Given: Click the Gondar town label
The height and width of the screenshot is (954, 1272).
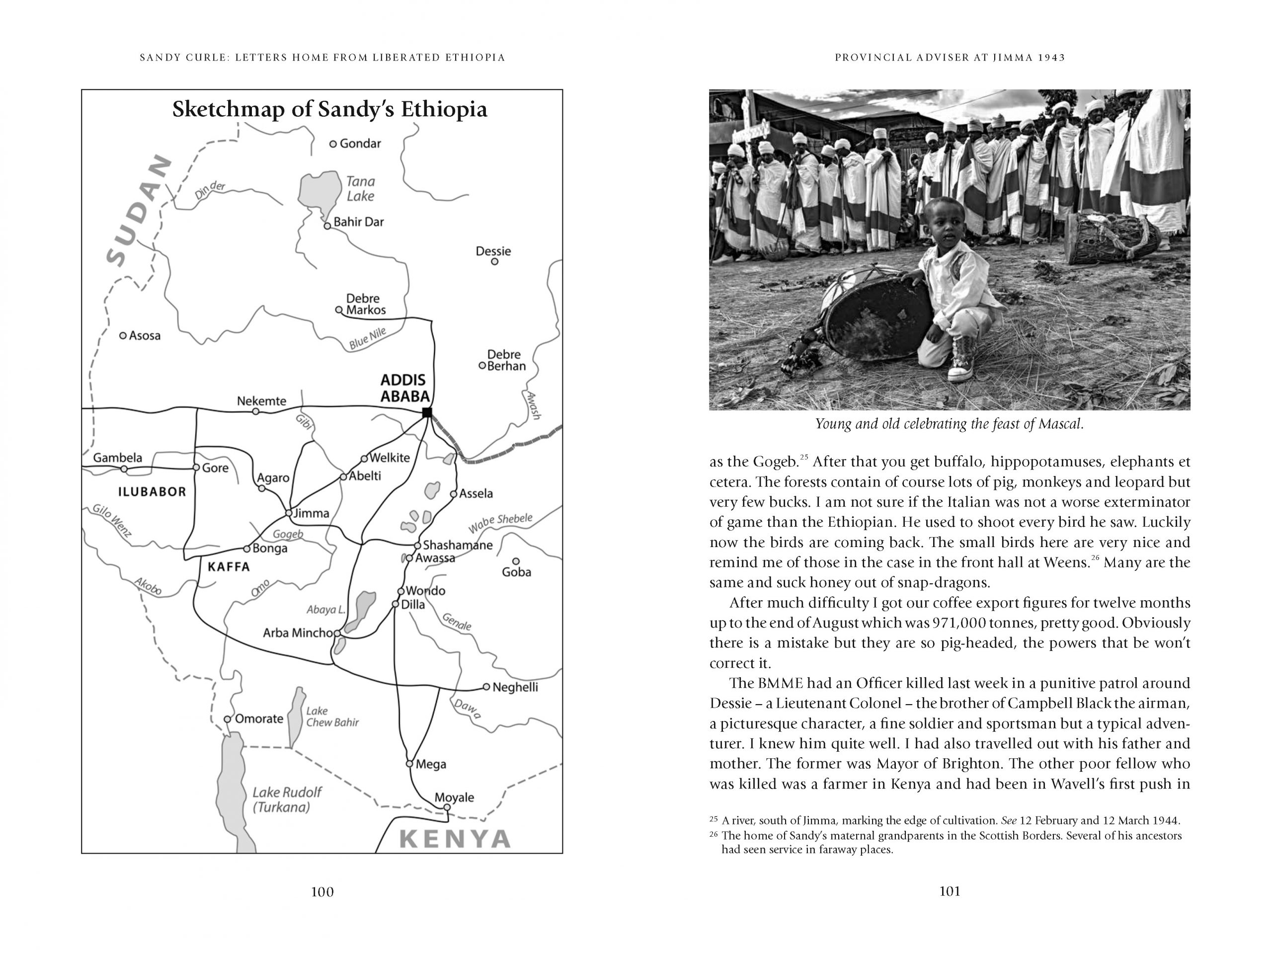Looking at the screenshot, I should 360,144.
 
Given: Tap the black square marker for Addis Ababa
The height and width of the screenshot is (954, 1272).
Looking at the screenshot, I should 427,412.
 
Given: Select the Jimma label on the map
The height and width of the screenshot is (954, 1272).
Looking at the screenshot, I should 311,513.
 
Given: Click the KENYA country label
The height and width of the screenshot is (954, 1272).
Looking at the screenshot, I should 455,840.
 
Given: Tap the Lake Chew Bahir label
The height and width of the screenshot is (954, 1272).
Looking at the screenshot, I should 332,716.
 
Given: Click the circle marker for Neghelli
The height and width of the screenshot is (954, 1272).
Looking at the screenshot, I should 486,687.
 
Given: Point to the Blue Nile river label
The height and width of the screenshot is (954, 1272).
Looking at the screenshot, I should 368,339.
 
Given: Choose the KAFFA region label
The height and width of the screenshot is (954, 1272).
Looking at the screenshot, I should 229,567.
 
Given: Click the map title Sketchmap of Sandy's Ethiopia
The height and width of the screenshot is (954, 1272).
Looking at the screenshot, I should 329,109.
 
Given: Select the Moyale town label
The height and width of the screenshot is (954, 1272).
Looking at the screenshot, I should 454,797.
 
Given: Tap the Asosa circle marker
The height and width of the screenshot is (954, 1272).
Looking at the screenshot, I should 123,335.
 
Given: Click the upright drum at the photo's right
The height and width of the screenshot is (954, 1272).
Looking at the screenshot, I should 1111,238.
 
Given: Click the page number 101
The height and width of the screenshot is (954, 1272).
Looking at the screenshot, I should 950,891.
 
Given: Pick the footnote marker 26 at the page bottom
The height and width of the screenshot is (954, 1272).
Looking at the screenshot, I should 714,835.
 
